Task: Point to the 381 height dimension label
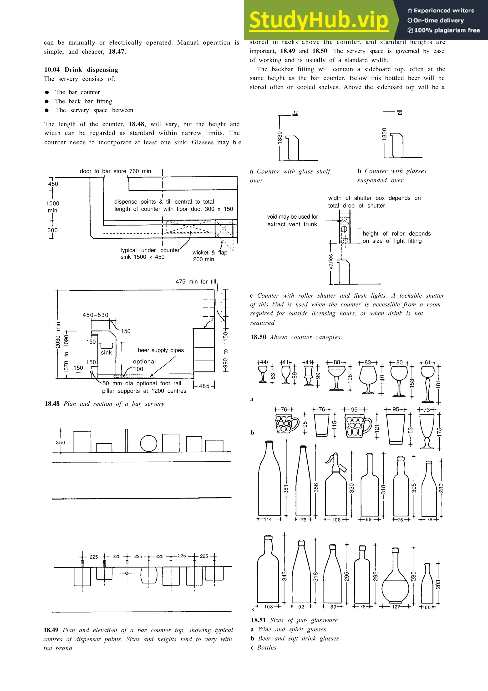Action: pos(286,489)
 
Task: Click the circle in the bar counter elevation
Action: pos(148,443)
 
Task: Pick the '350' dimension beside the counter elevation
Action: pos(61,442)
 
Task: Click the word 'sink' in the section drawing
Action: pos(106,352)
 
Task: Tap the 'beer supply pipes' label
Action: pos(161,350)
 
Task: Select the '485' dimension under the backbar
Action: pos(204,386)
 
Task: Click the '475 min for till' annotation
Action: pos(196,282)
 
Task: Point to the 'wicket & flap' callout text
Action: pos(210,253)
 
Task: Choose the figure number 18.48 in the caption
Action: pos(52,404)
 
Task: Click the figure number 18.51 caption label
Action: pos(259,620)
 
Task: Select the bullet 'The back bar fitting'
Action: pos(83,101)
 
